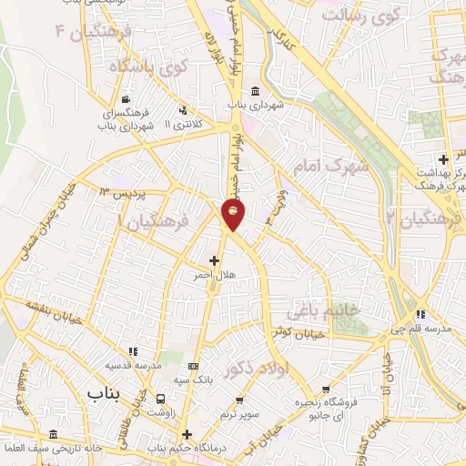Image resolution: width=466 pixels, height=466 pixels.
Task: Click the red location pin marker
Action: (x=235, y=214)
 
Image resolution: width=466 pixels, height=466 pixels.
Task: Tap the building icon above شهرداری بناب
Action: (x=254, y=92)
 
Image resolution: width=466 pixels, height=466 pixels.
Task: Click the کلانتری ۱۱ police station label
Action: (x=194, y=122)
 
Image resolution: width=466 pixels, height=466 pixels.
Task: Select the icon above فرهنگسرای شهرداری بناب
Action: (x=126, y=100)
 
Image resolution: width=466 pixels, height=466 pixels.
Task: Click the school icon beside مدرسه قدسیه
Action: (x=134, y=351)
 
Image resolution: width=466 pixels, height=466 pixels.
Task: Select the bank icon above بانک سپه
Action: (x=191, y=364)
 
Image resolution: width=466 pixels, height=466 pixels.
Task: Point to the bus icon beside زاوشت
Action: (x=161, y=399)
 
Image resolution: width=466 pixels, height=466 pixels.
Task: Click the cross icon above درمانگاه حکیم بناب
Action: (x=187, y=434)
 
